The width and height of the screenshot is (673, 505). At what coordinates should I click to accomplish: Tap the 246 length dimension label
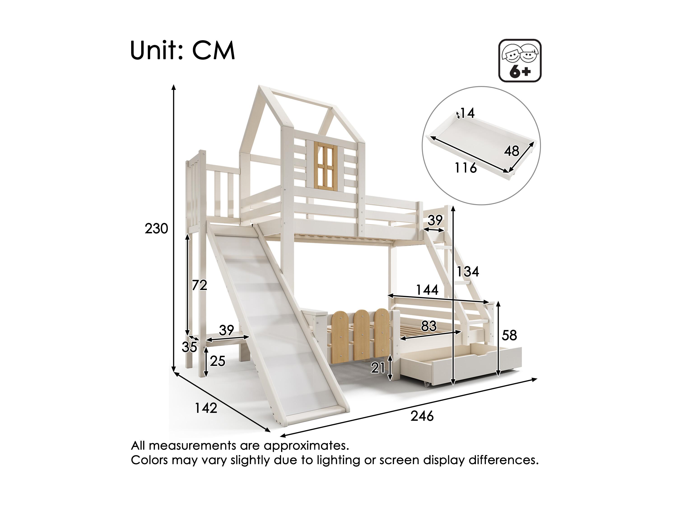[422, 416]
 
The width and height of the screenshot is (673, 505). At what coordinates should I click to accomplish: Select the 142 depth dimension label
[206, 408]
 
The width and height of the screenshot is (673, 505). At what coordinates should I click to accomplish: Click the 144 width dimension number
[427, 290]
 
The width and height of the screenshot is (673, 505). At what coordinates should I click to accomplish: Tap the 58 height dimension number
[509, 335]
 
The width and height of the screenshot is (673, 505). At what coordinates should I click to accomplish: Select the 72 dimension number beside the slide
[200, 285]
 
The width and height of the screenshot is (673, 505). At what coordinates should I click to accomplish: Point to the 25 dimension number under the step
[218, 361]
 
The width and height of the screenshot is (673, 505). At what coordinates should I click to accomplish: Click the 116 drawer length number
[466, 168]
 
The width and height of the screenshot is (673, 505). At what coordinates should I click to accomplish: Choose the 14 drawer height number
[467, 113]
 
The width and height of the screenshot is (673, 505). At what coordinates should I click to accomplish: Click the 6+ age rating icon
[520, 61]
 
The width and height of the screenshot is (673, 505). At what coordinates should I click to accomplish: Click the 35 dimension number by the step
[189, 347]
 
